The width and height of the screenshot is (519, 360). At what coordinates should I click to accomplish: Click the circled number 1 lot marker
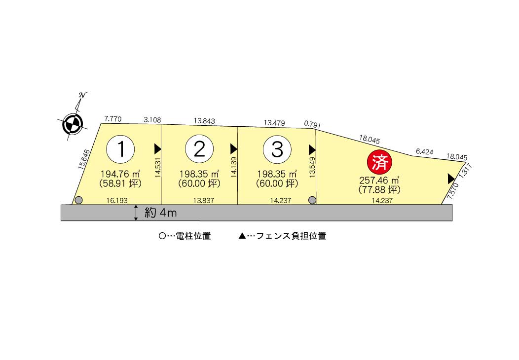pyautogui.click(x=120, y=149)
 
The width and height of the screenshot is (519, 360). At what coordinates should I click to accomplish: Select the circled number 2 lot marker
pyautogui.click(x=199, y=149)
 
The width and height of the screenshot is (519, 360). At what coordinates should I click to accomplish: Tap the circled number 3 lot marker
pyautogui.click(x=277, y=149)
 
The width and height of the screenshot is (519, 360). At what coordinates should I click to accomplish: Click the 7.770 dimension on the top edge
pyautogui.click(x=113, y=119)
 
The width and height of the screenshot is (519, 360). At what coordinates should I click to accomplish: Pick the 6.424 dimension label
pyautogui.click(x=424, y=152)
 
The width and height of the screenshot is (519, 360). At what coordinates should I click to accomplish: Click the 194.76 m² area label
pyautogui.click(x=120, y=174)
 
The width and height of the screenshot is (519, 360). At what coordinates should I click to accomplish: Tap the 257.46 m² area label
pyautogui.click(x=379, y=180)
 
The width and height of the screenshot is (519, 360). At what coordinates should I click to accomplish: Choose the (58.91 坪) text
pyautogui.click(x=120, y=184)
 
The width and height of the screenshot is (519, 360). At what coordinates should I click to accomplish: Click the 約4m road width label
pyautogui.click(x=161, y=213)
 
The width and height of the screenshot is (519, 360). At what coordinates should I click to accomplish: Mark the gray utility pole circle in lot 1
pyautogui.click(x=78, y=200)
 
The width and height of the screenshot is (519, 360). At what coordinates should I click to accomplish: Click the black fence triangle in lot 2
pyautogui.click(x=233, y=148)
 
